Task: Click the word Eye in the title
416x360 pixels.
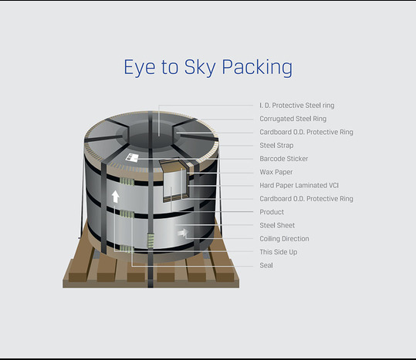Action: click(139, 68)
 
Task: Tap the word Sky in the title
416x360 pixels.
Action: click(200, 68)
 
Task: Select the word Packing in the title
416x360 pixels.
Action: click(257, 68)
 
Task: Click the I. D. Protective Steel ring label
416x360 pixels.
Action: click(297, 106)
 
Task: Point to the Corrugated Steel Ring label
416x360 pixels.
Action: click(293, 119)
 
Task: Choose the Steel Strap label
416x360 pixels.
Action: click(276, 146)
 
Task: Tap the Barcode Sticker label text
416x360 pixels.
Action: click(283, 159)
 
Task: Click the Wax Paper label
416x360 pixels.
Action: click(276, 172)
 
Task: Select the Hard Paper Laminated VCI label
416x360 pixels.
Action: click(299, 185)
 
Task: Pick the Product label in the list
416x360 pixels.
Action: click(272, 212)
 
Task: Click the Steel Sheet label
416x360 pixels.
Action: click(277, 225)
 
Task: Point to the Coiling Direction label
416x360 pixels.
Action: click(284, 239)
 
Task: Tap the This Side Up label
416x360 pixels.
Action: click(279, 252)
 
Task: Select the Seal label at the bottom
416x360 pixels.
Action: click(266, 265)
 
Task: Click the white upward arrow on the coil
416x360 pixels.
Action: click(115, 197)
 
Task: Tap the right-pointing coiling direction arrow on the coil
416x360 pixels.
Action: click(183, 233)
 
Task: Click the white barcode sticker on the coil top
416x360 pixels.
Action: click(132, 157)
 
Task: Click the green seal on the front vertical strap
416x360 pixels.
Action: click(151, 241)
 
